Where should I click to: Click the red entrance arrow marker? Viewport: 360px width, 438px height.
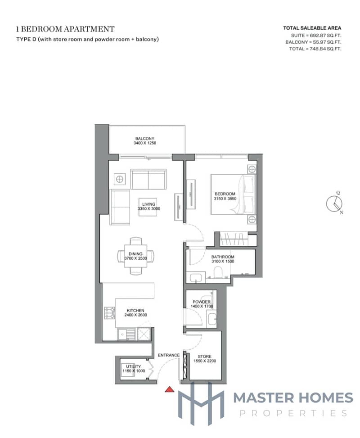point(169,389)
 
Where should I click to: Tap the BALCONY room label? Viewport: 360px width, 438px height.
point(144,139)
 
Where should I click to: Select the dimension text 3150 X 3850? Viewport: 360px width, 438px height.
point(225,199)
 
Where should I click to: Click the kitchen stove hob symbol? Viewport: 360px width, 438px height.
point(110,313)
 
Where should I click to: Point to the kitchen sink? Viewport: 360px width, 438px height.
point(126,334)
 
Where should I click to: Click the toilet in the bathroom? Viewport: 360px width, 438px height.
point(218,272)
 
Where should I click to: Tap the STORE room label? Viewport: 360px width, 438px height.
point(204,357)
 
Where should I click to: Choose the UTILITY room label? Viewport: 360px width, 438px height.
point(134,366)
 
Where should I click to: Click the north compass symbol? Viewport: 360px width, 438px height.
point(334,203)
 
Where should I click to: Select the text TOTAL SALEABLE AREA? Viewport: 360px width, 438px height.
point(312,28)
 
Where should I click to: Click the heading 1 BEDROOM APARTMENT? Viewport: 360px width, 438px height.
point(65,29)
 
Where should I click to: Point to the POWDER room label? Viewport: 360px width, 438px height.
point(201,302)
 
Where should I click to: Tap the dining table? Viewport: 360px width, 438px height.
point(135,256)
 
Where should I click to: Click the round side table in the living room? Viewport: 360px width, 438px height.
point(120,179)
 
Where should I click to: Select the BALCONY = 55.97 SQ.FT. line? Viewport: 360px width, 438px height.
point(313,42)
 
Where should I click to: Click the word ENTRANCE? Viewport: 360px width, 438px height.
point(169,355)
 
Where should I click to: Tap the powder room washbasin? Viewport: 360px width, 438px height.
point(212,318)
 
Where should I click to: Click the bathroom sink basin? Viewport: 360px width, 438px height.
point(197,278)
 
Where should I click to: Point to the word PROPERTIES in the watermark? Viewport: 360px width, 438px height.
point(293,413)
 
